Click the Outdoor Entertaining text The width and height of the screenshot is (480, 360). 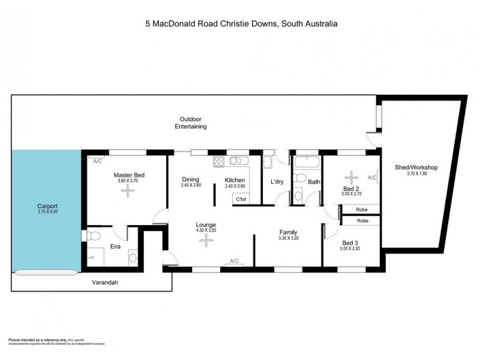point(190,123)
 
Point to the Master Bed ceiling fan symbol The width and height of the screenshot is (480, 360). point(127,190)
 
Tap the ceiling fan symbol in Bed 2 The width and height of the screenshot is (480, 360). point(350,178)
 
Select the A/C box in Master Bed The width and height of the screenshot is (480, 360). point(98,160)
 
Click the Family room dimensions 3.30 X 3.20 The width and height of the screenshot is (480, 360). point(289,238)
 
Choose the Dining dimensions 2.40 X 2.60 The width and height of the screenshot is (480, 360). point(190,185)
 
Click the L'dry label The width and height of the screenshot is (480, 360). point(277,181)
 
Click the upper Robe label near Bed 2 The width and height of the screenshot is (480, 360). point(362,210)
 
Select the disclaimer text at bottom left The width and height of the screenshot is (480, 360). point(58,341)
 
